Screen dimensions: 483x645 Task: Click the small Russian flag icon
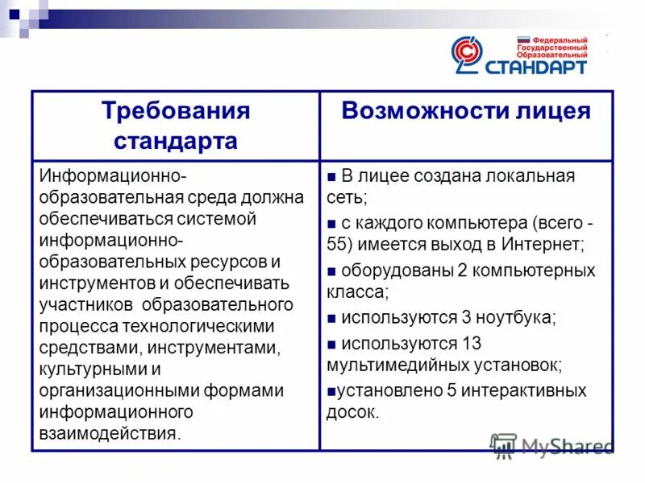(522, 39)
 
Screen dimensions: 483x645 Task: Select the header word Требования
(176, 111)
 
